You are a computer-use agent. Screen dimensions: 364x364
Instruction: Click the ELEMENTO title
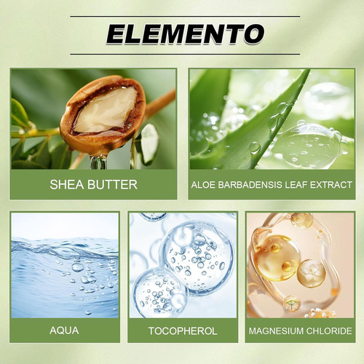[185, 33]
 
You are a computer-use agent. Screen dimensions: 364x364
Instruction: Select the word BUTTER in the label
[112, 184]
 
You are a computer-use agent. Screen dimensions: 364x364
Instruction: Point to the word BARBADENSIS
[250, 185]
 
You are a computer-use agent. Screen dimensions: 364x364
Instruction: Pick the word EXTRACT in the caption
[331, 185]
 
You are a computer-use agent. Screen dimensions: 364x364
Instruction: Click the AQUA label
[64, 331]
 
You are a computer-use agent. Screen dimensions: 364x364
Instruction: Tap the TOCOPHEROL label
[183, 331]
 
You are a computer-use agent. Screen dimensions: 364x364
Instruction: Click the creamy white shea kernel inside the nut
[106, 111]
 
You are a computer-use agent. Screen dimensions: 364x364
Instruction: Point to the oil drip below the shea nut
[98, 162]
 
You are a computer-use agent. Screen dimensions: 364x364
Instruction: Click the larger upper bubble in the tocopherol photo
[197, 257]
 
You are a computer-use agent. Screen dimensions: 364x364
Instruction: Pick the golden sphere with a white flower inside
[311, 273]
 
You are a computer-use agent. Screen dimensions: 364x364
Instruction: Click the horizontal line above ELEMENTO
[185, 17]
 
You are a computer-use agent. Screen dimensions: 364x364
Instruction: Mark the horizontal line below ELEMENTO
[185, 54]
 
